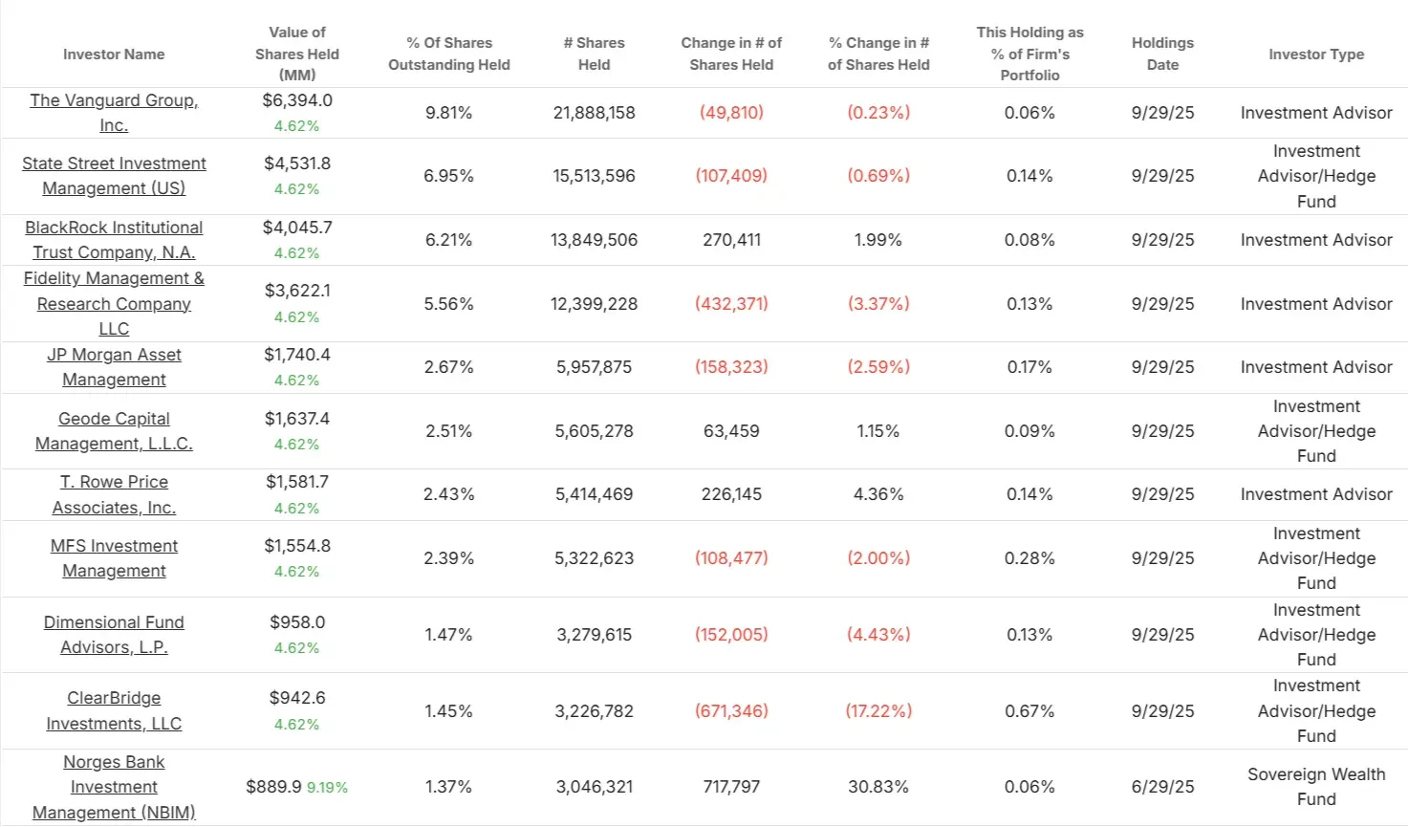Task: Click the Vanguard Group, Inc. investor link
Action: point(114,113)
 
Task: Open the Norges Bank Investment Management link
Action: point(114,787)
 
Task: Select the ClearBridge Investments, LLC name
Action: point(114,710)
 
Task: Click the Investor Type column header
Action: point(1315,54)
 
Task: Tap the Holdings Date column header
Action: point(1162,54)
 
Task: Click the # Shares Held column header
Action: point(594,54)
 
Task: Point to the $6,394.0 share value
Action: point(297,100)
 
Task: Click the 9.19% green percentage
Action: point(327,788)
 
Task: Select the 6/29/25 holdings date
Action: point(1162,787)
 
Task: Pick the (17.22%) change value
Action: point(878,711)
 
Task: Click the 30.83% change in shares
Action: point(878,787)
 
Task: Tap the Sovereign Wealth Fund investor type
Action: point(1315,787)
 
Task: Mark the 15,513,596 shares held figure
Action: point(594,176)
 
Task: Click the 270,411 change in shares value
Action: point(731,240)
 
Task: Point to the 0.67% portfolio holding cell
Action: point(1029,711)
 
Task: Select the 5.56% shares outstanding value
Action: point(448,304)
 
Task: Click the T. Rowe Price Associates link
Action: point(114,494)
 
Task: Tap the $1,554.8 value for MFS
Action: point(297,546)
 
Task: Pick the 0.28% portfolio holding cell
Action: point(1029,558)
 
